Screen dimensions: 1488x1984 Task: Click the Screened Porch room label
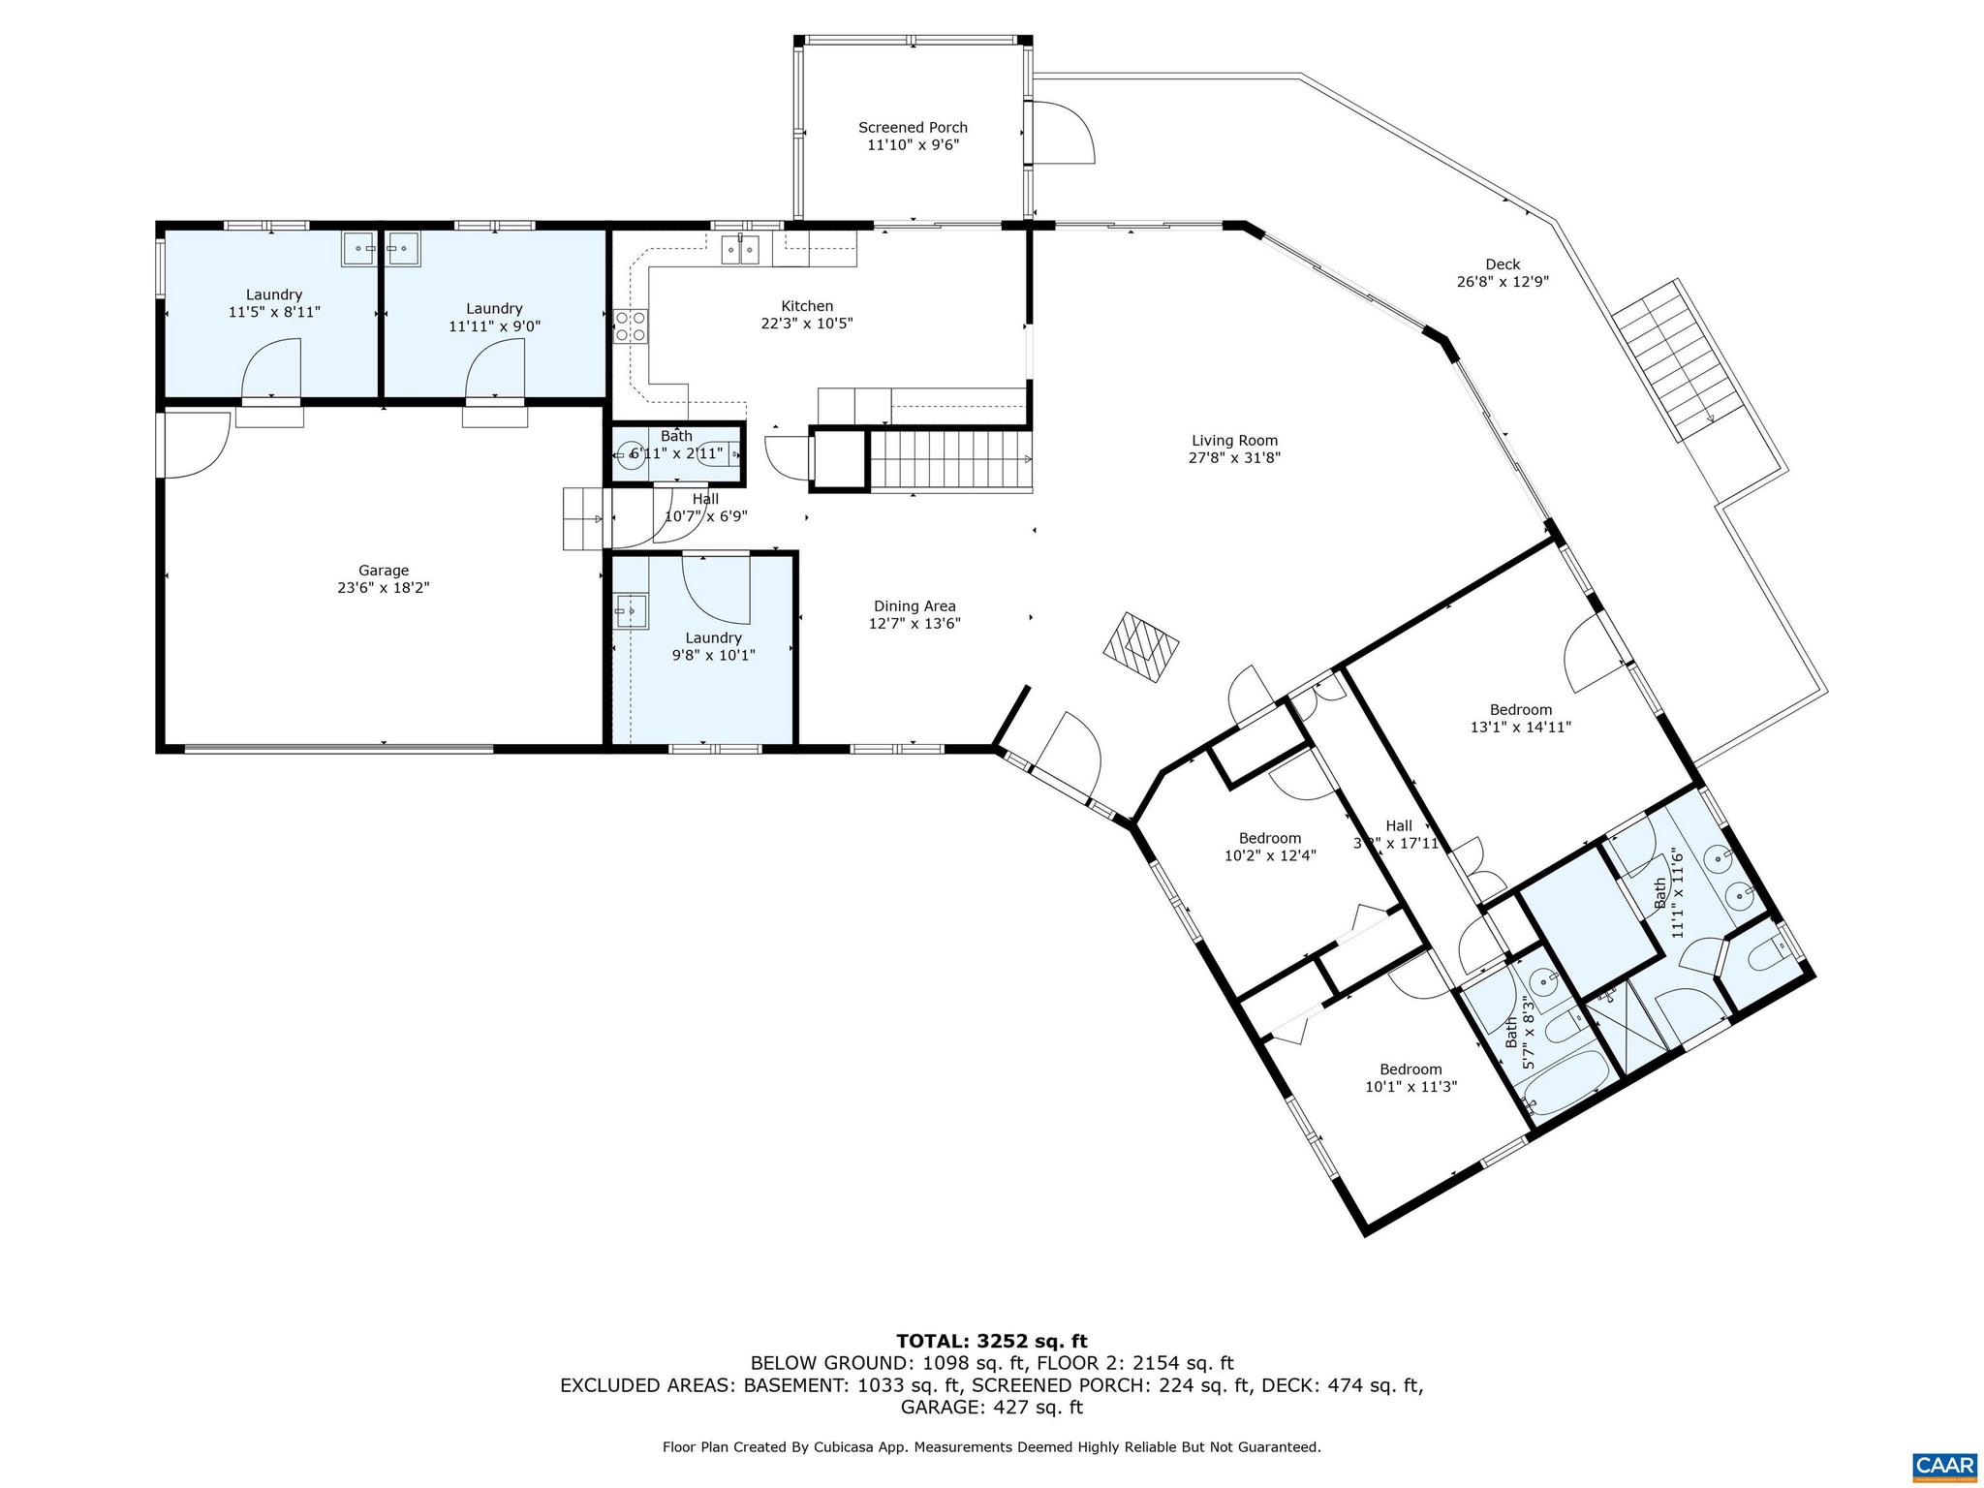tap(913, 128)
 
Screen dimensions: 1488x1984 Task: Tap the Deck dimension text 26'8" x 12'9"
tap(1502, 282)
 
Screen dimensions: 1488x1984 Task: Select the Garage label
tap(384, 571)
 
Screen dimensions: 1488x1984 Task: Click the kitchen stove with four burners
tap(632, 325)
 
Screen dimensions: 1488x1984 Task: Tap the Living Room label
tap(1234, 441)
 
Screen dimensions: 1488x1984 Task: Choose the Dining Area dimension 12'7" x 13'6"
tap(914, 624)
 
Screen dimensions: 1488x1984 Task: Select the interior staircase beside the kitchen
tap(949, 460)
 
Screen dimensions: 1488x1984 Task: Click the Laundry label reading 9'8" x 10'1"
tap(713, 637)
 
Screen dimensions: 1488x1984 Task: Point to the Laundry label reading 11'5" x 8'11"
tap(274, 294)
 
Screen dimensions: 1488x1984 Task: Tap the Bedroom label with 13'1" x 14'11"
tap(1520, 709)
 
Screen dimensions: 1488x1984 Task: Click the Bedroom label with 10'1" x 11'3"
tap(1410, 1069)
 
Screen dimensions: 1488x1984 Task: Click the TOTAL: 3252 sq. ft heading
tap(991, 1341)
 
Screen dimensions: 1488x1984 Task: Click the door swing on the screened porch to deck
tap(1063, 132)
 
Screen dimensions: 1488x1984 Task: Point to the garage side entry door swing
tap(196, 445)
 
